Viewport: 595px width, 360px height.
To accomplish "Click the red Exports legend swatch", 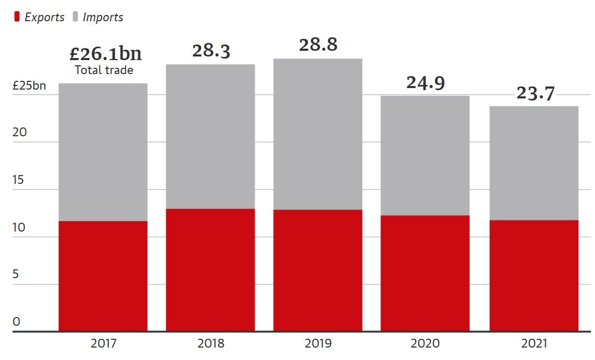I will [x=17, y=17].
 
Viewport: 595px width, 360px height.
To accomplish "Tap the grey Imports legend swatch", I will [x=75, y=17].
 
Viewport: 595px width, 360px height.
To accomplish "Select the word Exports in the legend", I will [x=45, y=17].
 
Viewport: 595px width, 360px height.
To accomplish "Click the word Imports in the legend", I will [x=103, y=17].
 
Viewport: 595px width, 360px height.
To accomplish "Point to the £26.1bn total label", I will [x=105, y=53].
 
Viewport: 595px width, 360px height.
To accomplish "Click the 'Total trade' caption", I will [x=104, y=70].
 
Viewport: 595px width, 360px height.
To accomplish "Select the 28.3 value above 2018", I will [x=211, y=51].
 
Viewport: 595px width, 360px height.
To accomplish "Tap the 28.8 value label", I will [x=318, y=45].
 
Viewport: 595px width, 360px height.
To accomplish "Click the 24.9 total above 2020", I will [x=426, y=83].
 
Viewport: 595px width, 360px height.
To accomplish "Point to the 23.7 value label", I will [x=535, y=93].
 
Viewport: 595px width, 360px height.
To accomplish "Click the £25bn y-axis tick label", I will [x=29, y=85].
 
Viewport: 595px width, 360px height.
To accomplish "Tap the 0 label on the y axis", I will [x=17, y=322].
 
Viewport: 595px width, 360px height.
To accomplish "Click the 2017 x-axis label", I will [x=104, y=343].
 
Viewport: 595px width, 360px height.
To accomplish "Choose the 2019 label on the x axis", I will [x=318, y=343].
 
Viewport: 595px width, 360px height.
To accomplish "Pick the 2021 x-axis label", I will [x=534, y=343].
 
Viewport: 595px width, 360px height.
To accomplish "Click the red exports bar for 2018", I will [x=210, y=269].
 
